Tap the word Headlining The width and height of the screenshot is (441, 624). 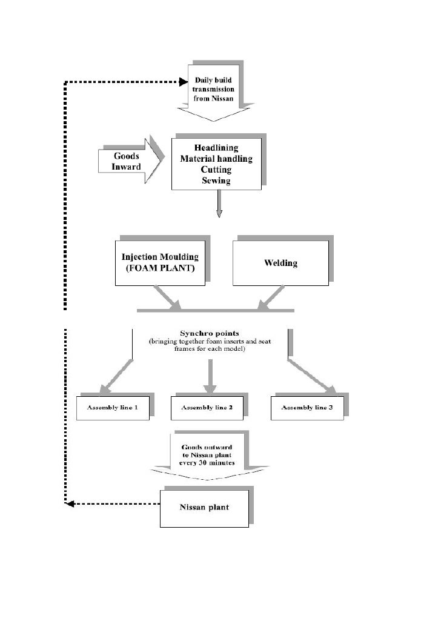tap(216, 148)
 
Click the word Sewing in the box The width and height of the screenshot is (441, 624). tap(216, 181)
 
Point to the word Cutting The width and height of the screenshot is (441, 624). tap(216, 170)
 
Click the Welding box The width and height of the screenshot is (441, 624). tap(280, 263)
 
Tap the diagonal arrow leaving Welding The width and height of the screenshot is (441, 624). tap(272, 297)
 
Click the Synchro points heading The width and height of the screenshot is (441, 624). tap(210, 333)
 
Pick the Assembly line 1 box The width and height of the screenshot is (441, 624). tap(112, 408)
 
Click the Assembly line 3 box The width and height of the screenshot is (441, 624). tap(307, 408)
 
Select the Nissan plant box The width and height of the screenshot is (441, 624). tap(204, 507)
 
